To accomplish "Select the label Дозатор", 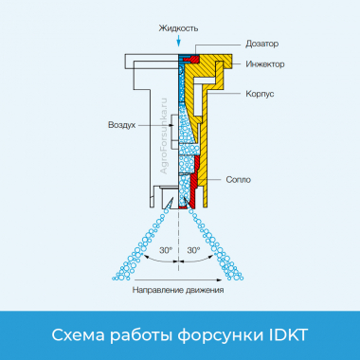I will [261, 45].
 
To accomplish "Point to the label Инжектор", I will [265, 63].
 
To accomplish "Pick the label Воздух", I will [122, 125].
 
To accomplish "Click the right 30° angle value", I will [193, 250].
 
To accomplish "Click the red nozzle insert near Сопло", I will [193, 189].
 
